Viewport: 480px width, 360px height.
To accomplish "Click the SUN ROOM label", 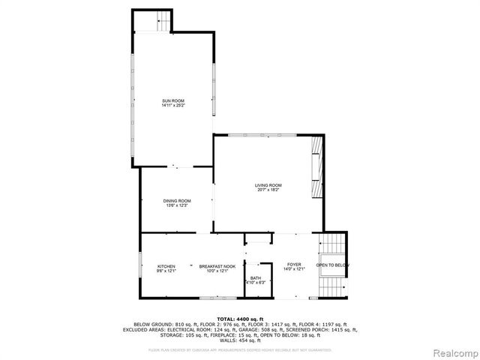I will (173, 100).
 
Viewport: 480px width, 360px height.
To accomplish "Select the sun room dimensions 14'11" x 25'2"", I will (173, 106).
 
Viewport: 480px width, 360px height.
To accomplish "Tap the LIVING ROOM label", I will (268, 185).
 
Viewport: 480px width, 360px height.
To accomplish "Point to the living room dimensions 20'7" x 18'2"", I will (268, 190).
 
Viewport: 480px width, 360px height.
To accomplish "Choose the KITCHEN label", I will (166, 266).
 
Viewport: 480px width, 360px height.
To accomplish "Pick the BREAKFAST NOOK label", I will (217, 266).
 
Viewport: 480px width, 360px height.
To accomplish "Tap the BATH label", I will (256, 278).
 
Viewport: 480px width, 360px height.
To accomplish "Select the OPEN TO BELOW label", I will (331, 265).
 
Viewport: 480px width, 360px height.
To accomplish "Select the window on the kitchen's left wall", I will (140, 267).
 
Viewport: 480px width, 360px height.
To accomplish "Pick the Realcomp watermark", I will (454, 352).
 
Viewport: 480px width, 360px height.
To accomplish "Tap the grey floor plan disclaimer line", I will (240, 349).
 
